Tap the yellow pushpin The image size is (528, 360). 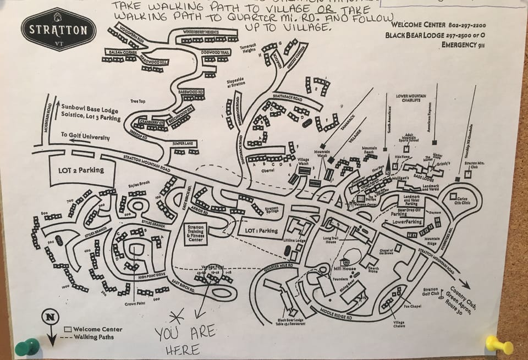[498, 345]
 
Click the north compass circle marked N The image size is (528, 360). [50, 317]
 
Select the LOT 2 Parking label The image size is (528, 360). [81, 170]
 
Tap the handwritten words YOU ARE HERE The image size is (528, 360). [184, 340]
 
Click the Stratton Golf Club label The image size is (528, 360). [431, 292]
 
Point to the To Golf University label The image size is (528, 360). [85, 136]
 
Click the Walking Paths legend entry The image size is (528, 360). [94, 337]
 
